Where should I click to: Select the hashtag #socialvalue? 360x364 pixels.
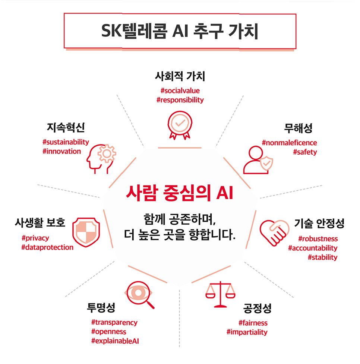[180, 91]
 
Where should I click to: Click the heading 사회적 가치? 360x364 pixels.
[180, 77]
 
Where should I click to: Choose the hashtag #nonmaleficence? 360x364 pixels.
[289, 143]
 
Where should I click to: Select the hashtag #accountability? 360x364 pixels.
[313, 248]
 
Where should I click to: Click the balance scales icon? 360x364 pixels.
[221, 294]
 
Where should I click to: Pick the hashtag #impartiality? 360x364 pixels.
[247, 332]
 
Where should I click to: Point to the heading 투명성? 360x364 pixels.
[101, 308]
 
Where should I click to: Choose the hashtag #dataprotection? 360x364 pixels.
[47, 247]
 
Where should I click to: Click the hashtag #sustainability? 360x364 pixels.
[66, 142]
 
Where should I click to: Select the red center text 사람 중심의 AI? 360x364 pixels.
[180, 194]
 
